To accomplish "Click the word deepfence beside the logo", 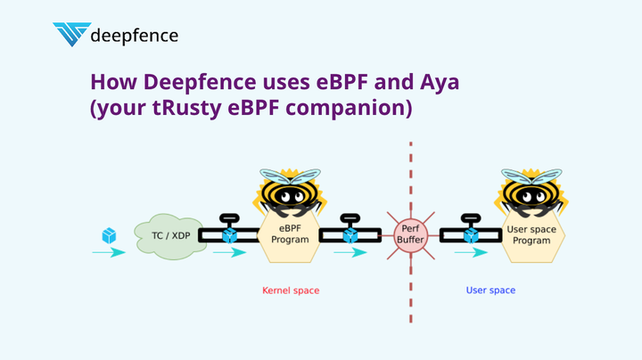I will coord(135,36).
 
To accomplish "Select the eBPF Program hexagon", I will coord(288,241).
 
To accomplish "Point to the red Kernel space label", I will coord(290,290).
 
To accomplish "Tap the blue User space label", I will coord(490,290).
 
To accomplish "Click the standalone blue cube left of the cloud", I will coord(109,235).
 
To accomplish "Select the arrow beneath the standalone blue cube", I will coord(109,253).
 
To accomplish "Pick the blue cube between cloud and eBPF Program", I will coord(230,235).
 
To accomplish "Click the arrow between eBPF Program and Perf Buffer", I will coord(350,253).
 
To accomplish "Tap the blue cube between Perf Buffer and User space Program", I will coord(471,235).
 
